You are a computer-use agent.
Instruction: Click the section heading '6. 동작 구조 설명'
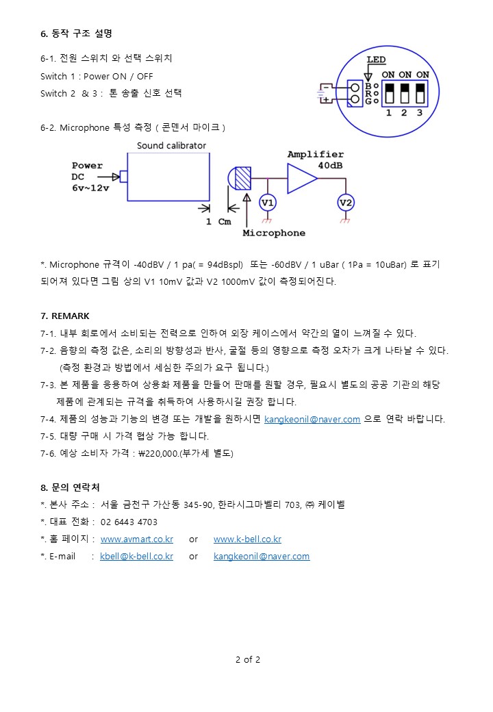coord(76,33)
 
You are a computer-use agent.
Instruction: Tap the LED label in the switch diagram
coord(376,60)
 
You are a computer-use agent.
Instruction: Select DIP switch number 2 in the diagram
coord(405,93)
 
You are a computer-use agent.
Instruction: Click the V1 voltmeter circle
coord(268,203)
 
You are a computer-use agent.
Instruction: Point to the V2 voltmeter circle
coord(346,203)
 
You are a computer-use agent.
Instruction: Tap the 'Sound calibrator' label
coord(171,145)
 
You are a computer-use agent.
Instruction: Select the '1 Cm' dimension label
coord(219,222)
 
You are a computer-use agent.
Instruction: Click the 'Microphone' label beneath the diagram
coord(274,233)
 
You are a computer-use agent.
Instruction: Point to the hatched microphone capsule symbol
coord(242,178)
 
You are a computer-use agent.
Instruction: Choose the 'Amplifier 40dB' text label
coord(316,160)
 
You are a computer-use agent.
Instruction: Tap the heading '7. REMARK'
coord(65,316)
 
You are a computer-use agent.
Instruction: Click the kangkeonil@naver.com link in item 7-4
coord(312,419)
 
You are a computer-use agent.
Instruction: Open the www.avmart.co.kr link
coord(136,539)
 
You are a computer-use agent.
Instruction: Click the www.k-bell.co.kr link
coord(247,539)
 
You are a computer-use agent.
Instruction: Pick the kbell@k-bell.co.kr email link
coord(136,556)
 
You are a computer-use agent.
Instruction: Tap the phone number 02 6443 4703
coord(129,522)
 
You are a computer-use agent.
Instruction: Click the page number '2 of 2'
coord(248,660)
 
